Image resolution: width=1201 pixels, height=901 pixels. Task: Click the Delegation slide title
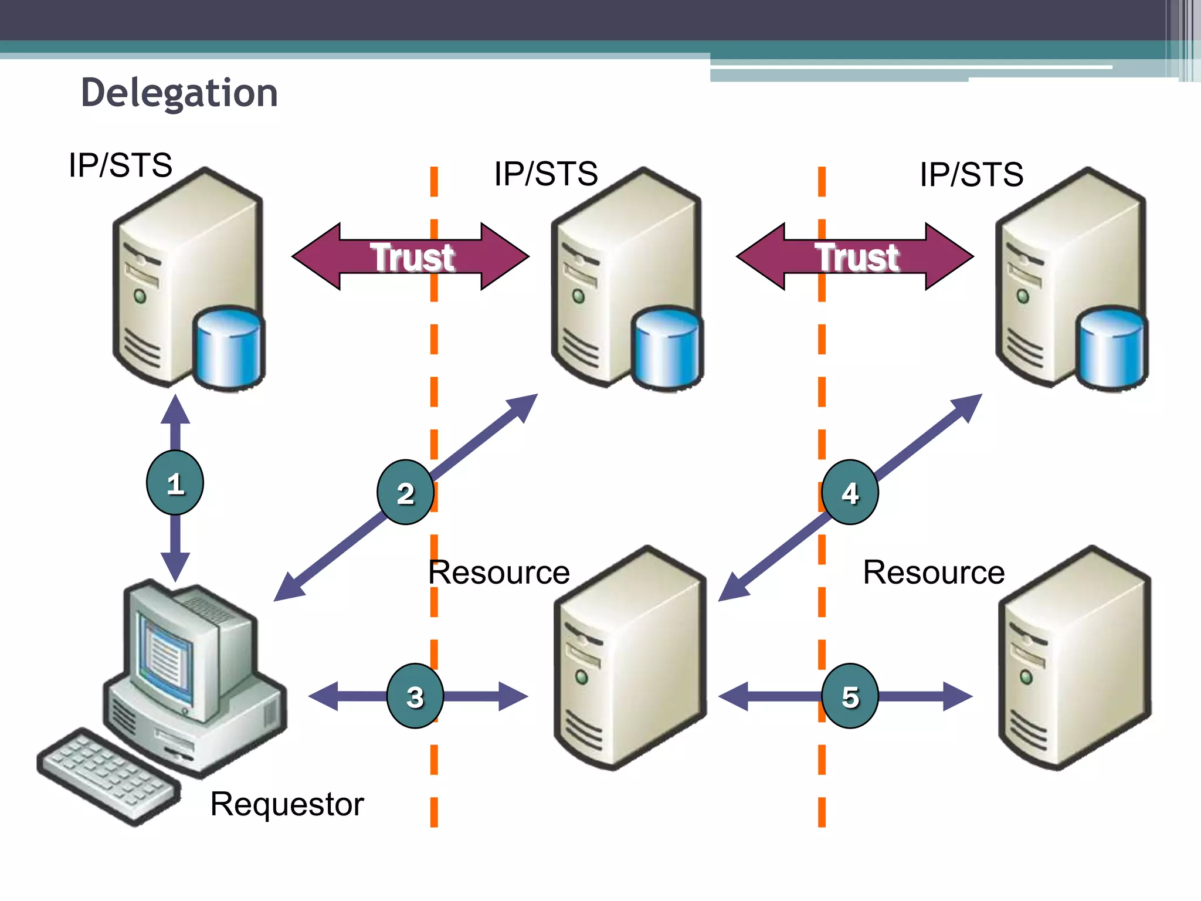(x=179, y=93)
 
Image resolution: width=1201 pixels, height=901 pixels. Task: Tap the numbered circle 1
(x=175, y=483)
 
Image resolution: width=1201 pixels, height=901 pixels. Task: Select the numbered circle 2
(x=405, y=493)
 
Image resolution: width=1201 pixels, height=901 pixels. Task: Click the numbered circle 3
(x=415, y=696)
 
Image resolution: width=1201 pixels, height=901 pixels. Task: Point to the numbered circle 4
(x=850, y=492)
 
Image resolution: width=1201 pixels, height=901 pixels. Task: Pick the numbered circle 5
(x=850, y=696)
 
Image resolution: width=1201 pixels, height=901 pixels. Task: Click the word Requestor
(x=287, y=804)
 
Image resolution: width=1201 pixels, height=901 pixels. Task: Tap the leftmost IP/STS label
(x=120, y=165)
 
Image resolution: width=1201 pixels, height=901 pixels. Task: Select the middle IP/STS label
(x=545, y=174)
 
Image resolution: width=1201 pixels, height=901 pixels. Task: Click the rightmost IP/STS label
(x=971, y=174)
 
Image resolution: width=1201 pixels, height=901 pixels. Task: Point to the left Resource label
(x=498, y=573)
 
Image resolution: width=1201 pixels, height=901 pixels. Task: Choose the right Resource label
(x=934, y=573)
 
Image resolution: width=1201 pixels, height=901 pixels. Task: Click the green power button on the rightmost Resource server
(x=1026, y=677)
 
